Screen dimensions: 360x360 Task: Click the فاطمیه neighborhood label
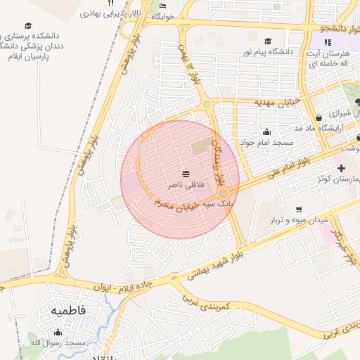(67, 309)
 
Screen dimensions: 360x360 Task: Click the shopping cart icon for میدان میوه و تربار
(299, 209)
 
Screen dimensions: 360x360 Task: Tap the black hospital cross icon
(341, 168)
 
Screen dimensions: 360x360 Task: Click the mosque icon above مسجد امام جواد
(266, 131)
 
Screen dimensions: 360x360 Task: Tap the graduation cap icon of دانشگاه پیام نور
(267, 41)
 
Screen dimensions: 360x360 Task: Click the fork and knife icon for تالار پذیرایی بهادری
(110, 4)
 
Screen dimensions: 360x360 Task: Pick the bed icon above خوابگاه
(163, 6)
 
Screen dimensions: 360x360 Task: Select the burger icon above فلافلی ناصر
(186, 173)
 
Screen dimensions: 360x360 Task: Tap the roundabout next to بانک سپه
(223, 193)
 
